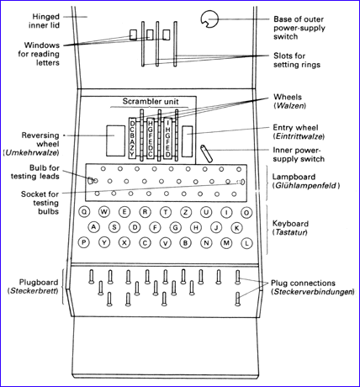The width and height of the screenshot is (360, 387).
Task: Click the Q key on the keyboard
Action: (84, 212)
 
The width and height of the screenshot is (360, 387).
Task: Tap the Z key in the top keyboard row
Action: (186, 212)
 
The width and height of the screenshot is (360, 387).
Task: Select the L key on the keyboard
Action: (246, 243)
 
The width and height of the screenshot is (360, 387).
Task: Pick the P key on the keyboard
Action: (83, 242)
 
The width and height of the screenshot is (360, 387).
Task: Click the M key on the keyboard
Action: (226, 243)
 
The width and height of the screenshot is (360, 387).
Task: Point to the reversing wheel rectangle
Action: (115, 140)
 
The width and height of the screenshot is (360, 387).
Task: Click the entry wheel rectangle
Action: (187, 141)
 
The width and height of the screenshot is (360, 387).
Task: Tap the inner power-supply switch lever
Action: (206, 153)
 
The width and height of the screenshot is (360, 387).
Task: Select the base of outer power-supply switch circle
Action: (209, 19)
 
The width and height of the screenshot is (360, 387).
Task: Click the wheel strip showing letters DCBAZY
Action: (132, 138)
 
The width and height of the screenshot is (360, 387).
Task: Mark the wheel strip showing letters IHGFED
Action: (167, 138)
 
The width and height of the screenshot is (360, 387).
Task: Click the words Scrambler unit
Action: (151, 101)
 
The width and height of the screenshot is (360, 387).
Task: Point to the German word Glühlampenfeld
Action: (306, 185)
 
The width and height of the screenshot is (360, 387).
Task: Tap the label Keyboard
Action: (290, 224)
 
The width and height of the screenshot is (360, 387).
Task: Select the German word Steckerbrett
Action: (33, 291)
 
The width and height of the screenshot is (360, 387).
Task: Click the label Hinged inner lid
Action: (45, 21)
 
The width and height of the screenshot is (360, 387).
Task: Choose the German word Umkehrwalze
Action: (31, 153)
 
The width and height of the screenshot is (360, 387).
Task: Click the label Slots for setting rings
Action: (297, 60)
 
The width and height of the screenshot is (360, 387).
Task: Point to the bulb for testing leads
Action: (90, 181)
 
